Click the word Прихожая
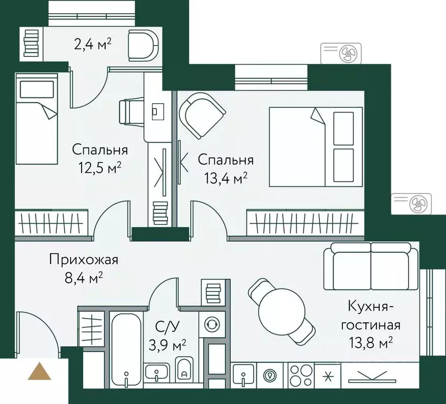[84, 260]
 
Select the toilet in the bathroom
[184, 369]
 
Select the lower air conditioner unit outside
[411, 203]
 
